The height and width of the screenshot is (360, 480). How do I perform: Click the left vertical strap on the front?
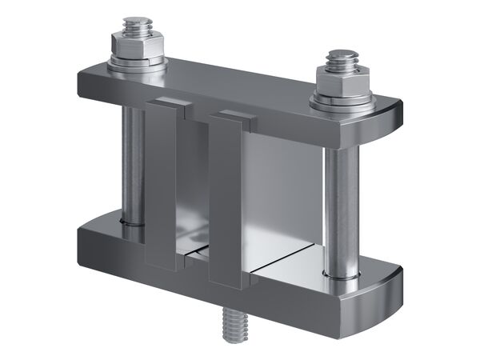pos(160,192)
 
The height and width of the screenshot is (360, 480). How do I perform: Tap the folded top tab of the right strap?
pos(234,117)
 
